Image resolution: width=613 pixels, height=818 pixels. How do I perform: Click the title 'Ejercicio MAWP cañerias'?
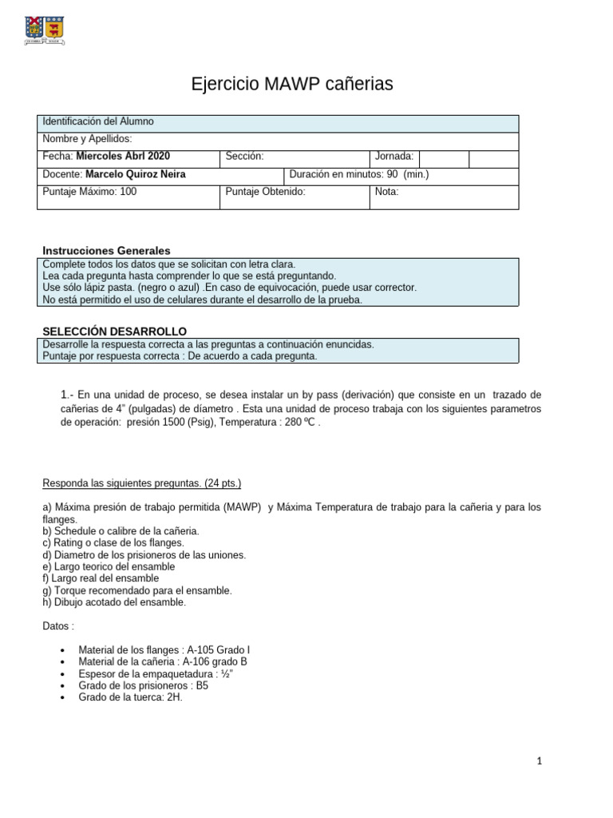coord(292,84)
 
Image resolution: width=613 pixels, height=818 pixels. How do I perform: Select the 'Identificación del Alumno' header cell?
coord(98,121)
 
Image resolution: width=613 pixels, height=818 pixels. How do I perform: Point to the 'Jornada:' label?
coord(394,157)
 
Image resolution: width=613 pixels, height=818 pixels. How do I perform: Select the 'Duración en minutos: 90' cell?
coord(359,174)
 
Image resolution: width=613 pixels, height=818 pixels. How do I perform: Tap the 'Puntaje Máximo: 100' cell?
coord(89,192)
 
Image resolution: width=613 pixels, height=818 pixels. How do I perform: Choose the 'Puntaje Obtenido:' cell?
coord(266,192)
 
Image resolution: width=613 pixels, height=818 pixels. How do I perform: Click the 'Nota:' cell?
coord(386,192)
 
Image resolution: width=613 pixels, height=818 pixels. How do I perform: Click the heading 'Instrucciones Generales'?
coord(106,251)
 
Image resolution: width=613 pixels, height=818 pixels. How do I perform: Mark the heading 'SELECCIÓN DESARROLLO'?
coord(114,331)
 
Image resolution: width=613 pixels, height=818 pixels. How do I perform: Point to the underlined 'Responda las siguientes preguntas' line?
coord(141,483)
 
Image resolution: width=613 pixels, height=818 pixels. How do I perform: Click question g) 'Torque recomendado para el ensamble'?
coord(136,590)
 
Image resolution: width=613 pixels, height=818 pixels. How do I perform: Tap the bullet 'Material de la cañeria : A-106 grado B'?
coord(163,661)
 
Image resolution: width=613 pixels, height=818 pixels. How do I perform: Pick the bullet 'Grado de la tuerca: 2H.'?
coord(130,697)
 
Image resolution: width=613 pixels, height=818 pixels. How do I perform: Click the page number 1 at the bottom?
coord(540,761)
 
